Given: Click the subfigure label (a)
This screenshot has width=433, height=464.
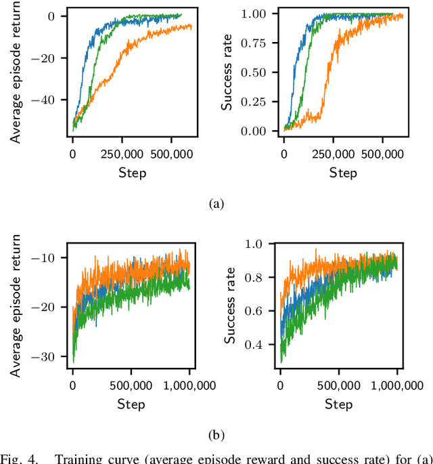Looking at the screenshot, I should coord(216,203).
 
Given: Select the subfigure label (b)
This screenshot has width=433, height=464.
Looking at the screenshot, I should coord(216,434).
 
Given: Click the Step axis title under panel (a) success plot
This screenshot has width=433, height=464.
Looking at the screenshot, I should coord(343,172).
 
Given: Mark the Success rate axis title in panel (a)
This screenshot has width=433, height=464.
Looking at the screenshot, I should coord(228,72).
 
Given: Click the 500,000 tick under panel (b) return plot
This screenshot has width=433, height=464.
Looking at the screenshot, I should coord(131,385).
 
